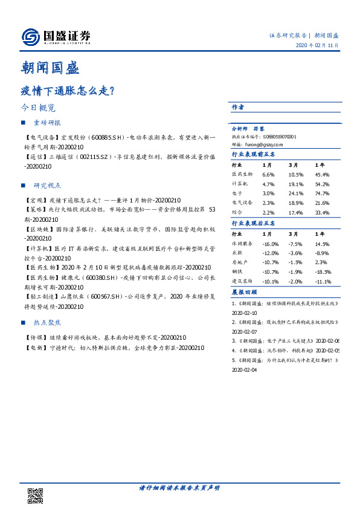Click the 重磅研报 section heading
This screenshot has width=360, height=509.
[x=47, y=123]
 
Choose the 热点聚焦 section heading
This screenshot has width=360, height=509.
[x=47, y=323]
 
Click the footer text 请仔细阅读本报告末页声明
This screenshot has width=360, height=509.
[x=179, y=488]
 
